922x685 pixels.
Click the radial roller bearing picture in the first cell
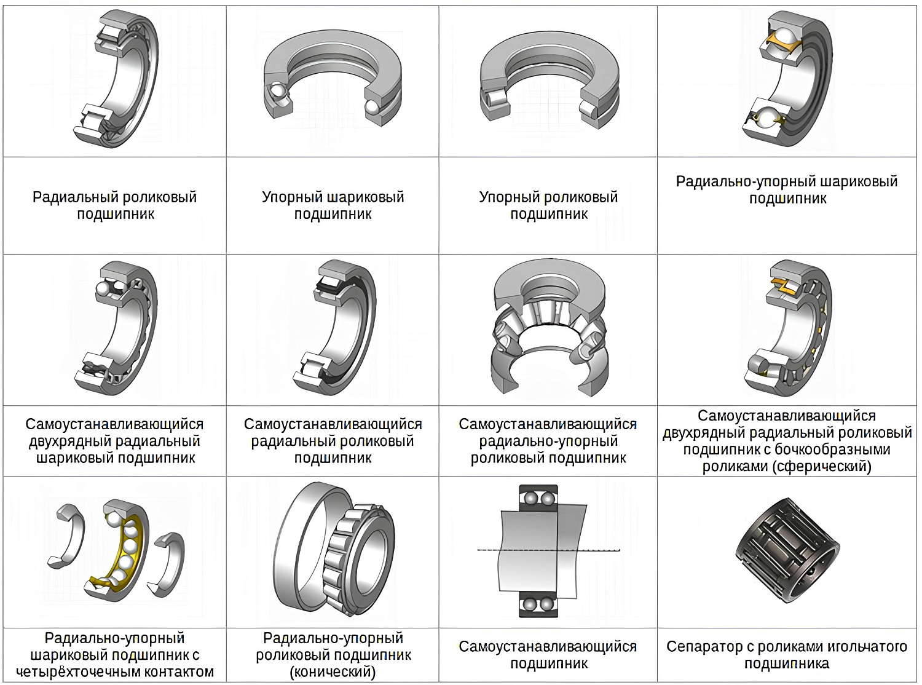click(x=116, y=79)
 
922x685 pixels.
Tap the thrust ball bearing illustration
click(x=333, y=77)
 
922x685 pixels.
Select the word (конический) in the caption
click(x=333, y=671)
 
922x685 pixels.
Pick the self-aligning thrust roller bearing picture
click(x=549, y=328)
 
